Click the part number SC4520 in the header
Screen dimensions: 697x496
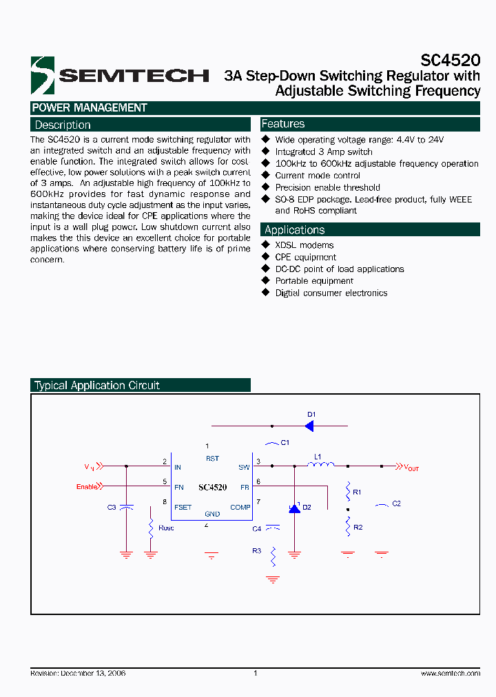450,60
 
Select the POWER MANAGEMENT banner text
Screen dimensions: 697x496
90,107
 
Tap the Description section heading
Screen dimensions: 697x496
63,125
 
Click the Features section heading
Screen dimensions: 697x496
283,124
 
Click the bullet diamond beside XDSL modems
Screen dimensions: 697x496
266,245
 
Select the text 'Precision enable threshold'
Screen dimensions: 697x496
327,187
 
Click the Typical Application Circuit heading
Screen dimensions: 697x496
97,386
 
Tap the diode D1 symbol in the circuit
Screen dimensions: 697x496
309,426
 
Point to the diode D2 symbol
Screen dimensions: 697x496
294,509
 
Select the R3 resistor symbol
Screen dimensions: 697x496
273,555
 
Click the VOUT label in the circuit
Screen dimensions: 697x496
411,468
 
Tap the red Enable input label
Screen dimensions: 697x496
87,487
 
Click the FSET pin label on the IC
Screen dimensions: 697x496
183,508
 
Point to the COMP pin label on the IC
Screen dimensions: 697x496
240,508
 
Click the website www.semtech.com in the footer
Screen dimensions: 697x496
450,673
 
